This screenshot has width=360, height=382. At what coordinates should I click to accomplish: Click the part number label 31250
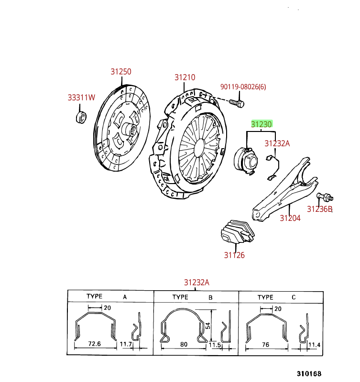click(121, 72)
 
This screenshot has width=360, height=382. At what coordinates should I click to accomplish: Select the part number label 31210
click(185, 77)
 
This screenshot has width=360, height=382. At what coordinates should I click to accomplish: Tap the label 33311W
click(81, 98)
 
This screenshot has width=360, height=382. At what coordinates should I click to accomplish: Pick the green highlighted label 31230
click(262, 124)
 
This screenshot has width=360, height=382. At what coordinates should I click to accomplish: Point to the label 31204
click(290, 218)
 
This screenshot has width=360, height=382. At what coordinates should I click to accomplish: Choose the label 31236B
click(319, 209)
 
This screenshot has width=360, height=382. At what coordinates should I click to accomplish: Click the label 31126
click(234, 255)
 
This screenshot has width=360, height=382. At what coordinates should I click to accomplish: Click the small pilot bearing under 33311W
click(82, 117)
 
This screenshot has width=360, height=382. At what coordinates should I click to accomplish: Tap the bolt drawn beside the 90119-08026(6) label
click(237, 102)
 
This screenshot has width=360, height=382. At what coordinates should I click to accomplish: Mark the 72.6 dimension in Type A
click(95, 344)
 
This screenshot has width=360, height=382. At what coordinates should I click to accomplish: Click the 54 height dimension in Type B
click(208, 325)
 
